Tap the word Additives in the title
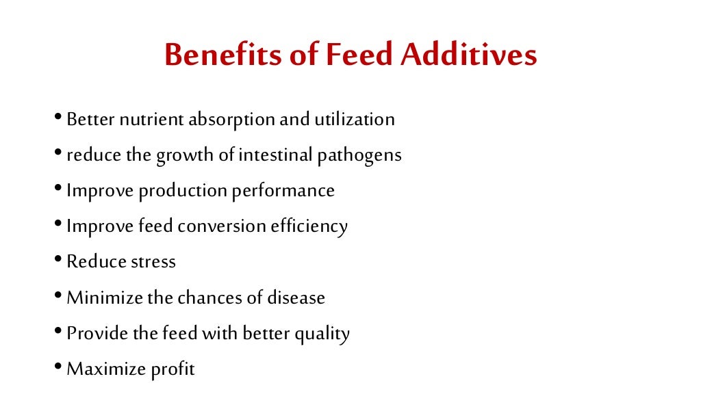pos(469,55)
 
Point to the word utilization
pos(354,120)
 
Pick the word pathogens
pos(359,156)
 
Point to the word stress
pos(152,262)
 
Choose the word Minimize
pos(105,298)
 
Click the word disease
pos(296,298)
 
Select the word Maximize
pos(106,370)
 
